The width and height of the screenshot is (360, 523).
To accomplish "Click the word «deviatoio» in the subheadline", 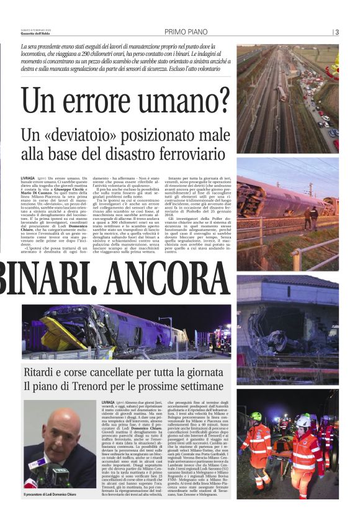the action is click(x=97, y=134).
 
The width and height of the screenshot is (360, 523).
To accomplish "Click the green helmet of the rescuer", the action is click(x=255, y=416).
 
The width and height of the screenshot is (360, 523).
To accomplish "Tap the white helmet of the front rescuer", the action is click(x=304, y=422).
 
